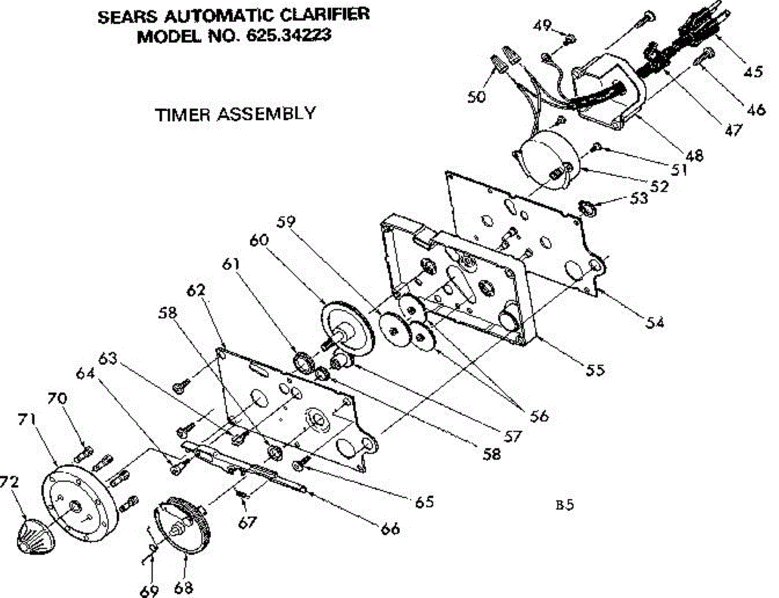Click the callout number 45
753,72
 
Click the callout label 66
390,529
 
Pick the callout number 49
543,26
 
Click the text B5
565,504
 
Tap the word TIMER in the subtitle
182,114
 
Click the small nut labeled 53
587,209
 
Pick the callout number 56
539,416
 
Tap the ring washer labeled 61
303,361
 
